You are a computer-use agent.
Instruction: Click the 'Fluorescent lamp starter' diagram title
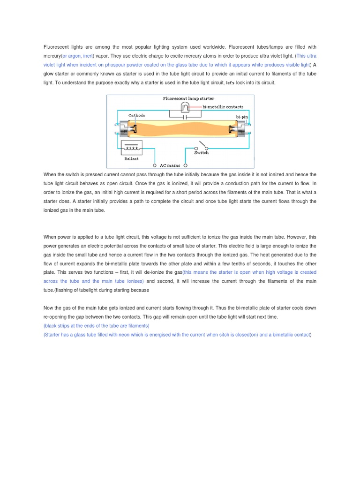188,99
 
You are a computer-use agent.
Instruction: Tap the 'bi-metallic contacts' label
223,107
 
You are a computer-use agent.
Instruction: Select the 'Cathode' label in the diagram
137,115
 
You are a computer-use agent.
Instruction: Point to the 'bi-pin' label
242,116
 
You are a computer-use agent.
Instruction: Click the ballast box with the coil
132,148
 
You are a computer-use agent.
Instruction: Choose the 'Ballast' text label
132,159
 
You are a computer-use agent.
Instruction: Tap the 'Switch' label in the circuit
201,153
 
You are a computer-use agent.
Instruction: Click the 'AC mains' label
170,165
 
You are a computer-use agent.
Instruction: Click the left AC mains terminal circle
155,165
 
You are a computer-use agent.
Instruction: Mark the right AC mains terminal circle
185,165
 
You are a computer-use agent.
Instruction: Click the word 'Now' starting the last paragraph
49,308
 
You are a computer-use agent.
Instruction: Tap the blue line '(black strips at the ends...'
96,326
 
